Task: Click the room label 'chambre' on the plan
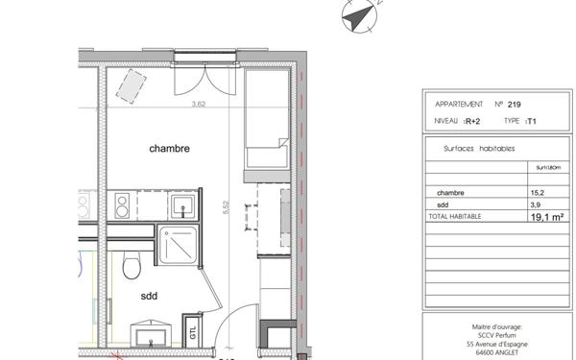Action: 169,149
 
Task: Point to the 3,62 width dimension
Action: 200,105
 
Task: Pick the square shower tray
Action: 180,246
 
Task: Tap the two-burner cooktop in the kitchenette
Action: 124,204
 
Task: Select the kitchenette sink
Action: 181,204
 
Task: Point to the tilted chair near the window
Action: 127,87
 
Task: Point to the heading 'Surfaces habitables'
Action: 479,149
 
